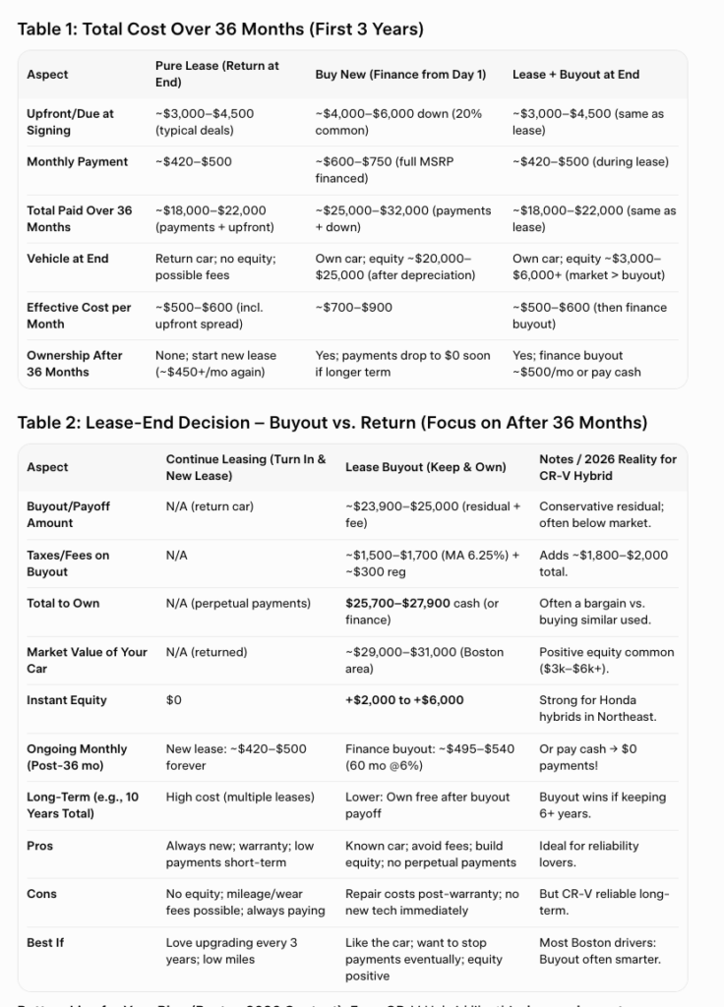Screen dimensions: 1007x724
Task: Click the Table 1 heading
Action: coord(220,29)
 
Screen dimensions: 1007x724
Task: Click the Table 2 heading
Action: coord(332,422)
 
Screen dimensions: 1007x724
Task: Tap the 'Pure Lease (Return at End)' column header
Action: coord(216,74)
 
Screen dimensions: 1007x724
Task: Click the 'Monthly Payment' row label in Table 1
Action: coord(77,161)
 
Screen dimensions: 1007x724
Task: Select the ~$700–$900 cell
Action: coord(354,308)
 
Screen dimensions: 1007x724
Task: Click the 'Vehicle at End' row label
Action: coord(68,259)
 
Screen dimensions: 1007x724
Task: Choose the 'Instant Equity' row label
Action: coord(67,700)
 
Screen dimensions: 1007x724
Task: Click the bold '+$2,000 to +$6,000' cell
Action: coord(404,700)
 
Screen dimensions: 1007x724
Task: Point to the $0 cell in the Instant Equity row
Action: coord(174,700)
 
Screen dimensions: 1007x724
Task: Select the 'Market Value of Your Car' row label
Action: coord(87,660)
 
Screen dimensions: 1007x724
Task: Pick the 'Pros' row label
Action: coord(40,846)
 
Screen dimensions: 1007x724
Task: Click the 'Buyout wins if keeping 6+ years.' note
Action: coord(602,804)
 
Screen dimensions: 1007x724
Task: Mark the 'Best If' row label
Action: coord(45,942)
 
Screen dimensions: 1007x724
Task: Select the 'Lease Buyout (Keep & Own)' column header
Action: coord(425,467)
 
